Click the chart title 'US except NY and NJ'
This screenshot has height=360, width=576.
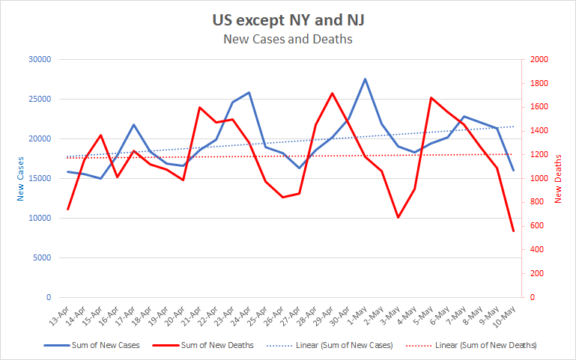288,19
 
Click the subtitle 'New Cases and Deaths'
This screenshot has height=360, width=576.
288,38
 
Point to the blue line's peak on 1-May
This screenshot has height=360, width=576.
365,79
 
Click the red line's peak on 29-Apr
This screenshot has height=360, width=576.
332,94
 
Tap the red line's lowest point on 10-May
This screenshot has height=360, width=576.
513,231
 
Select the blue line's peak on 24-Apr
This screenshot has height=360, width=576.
249,93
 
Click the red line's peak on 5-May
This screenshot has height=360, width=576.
431,97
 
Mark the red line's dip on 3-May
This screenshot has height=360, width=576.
398,218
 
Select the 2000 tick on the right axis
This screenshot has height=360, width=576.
539,60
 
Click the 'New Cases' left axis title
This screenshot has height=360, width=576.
20,179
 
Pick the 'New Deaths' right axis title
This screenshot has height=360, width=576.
559,179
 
